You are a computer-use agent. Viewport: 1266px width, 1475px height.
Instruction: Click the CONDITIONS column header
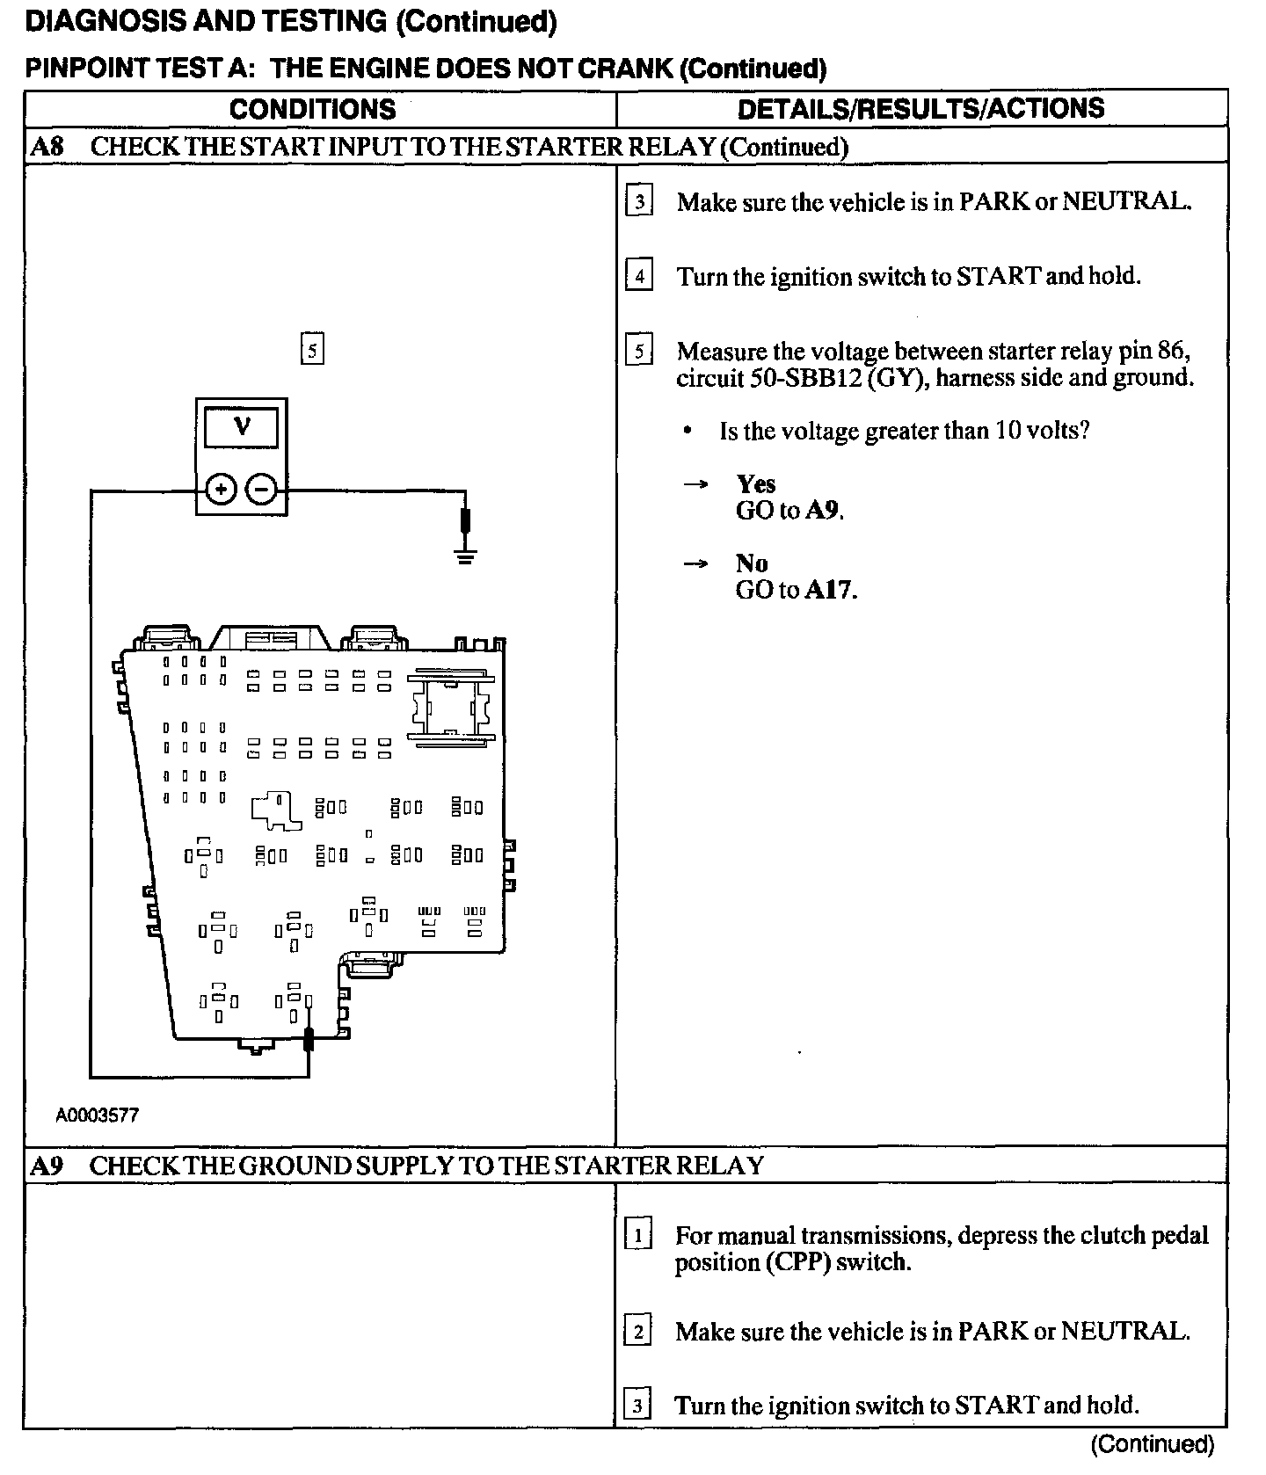point(312,109)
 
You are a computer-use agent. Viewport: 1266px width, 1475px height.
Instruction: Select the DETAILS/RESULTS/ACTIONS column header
point(920,108)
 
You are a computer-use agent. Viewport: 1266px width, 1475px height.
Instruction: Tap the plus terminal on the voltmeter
point(221,489)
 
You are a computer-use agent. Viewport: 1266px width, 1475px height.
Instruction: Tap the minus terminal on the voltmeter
point(261,489)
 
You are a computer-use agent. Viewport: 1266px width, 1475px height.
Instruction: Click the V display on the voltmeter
point(241,428)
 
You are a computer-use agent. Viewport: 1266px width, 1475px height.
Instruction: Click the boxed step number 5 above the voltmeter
point(312,350)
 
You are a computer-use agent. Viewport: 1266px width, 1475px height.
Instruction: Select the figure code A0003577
point(98,1115)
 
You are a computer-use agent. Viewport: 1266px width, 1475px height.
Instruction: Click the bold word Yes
point(756,484)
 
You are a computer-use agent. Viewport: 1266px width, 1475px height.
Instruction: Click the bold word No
point(752,563)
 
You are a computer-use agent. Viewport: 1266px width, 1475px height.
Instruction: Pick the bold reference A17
point(831,590)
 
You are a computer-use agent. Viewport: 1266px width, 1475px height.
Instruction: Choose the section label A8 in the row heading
point(47,146)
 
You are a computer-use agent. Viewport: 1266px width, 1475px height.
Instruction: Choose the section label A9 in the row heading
point(47,1166)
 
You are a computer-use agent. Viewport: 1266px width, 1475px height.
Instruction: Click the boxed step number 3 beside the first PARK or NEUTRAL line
point(639,201)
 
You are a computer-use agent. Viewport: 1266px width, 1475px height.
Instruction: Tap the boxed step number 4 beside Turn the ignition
point(639,276)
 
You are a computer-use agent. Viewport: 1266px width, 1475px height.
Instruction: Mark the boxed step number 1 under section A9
point(638,1235)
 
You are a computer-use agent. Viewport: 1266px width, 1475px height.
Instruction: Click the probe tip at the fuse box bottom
point(309,1039)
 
